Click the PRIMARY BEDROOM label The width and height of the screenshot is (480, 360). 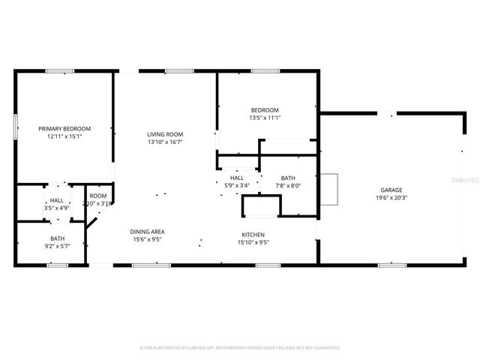point(64,128)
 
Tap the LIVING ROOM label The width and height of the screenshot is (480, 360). point(164,133)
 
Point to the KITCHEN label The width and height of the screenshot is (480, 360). point(253,234)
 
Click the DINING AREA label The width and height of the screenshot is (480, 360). point(148,232)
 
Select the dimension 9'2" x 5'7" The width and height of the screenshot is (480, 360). point(57,244)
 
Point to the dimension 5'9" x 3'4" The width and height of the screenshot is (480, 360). point(237,185)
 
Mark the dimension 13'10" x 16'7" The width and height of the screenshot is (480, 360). point(164,142)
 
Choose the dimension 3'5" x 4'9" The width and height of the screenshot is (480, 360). point(57,208)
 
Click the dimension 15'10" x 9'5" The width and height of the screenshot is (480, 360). point(253,241)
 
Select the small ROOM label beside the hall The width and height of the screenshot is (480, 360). point(98,196)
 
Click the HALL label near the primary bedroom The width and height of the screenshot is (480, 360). point(57,200)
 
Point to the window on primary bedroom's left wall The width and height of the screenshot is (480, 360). point(15,126)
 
